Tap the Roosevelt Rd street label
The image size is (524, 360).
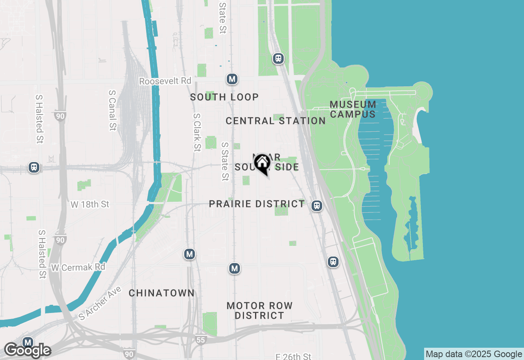coord(165,81)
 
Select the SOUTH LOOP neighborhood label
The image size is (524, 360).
coord(224,97)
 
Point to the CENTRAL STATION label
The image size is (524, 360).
coord(276,121)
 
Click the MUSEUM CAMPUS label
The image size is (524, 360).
coord(353,109)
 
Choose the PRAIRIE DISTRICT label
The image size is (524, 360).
coord(257,204)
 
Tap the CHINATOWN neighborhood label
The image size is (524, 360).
coord(162,293)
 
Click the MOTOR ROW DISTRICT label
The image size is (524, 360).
coord(260,310)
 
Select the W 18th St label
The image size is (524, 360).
coord(90,204)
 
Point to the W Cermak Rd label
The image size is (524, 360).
coord(78,268)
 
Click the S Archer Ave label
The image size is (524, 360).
coord(100,303)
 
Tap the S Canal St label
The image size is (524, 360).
coord(113,110)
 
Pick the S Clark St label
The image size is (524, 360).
coord(197,132)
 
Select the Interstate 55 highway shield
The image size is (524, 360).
coord(201,340)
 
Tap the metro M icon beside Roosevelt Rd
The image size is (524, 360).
coord(232,79)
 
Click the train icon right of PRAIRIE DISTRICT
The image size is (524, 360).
coord(316,206)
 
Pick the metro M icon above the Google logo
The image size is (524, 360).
coord(28,342)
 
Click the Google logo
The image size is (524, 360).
coord(27,351)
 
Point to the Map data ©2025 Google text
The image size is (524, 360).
coord(474,354)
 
